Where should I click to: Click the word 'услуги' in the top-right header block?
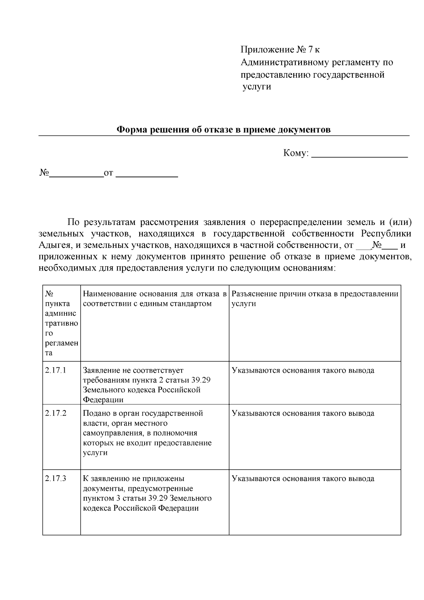(257, 87)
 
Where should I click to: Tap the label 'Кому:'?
(296, 153)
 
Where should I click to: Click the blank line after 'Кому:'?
(360, 155)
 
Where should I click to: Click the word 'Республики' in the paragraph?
(386, 234)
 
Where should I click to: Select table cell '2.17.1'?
(56, 370)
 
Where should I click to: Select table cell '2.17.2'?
(56, 413)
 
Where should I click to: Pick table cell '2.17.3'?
(56, 479)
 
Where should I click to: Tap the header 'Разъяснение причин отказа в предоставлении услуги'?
(314, 299)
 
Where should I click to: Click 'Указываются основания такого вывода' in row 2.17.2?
(303, 413)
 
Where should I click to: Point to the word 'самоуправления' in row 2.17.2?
(110, 433)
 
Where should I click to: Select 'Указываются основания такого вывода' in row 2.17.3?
(303, 479)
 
